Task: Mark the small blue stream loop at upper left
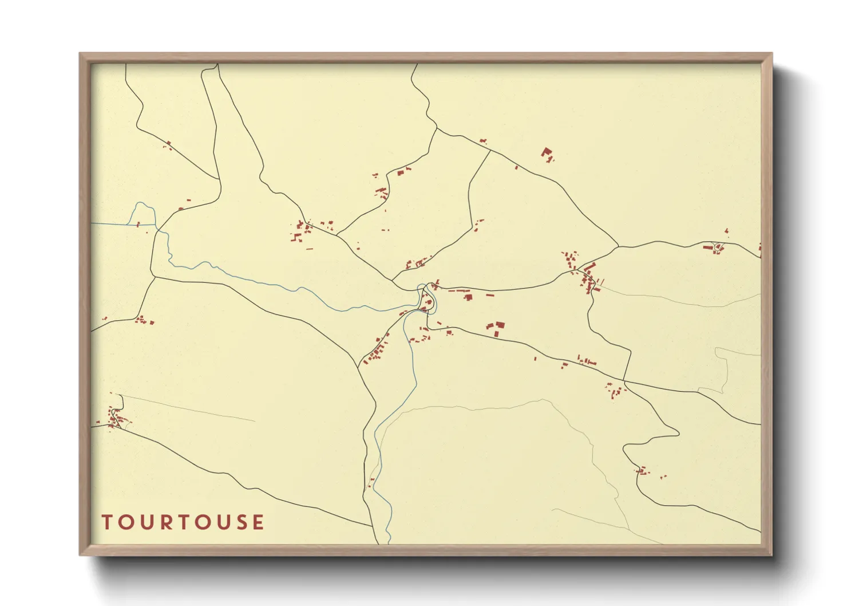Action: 144,213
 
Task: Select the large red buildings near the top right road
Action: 547,154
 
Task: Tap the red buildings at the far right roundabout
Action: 716,247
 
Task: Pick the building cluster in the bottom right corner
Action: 644,471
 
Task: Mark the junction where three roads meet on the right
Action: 618,247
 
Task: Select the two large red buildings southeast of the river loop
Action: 496,328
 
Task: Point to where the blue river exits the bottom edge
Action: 389,541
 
